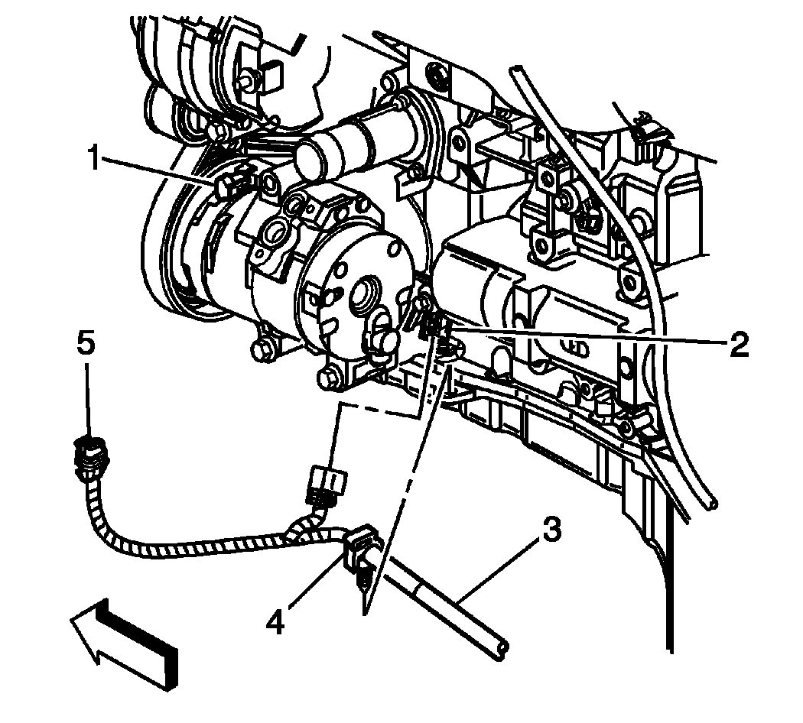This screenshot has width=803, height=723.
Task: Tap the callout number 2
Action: tap(738, 345)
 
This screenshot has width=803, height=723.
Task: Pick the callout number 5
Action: tap(86, 342)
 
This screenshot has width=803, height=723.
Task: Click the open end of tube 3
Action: tap(501, 649)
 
